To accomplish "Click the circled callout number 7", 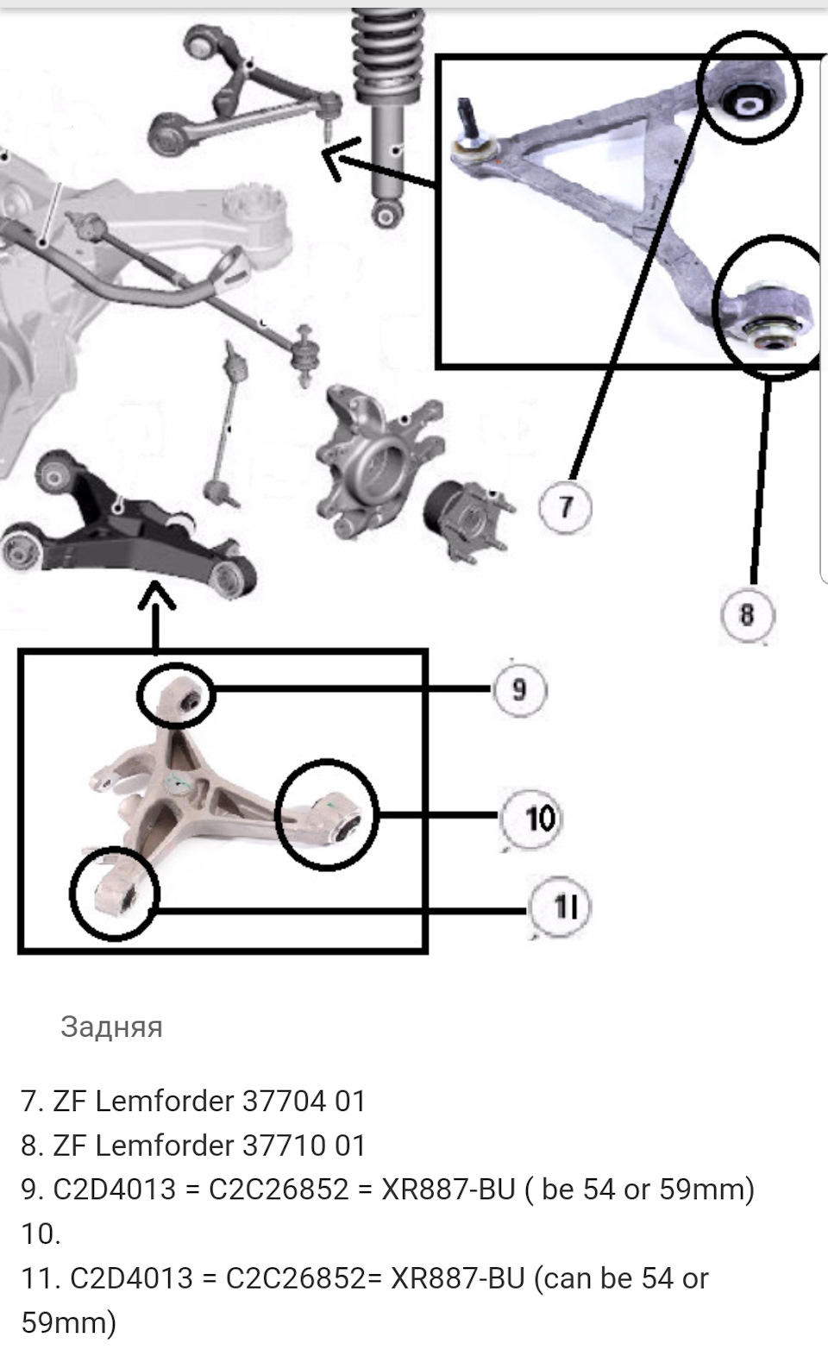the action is [565, 506].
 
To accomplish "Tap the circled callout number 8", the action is [747, 614].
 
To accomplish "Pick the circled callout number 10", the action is [530, 819].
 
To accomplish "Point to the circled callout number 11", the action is [559, 907].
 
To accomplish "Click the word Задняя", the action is [111, 1026].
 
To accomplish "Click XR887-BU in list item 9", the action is [448, 1189].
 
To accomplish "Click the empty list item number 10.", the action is [41, 1234].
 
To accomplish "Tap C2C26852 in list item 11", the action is [296, 1278].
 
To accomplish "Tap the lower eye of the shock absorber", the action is [387, 212].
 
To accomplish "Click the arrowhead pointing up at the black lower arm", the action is [156, 595].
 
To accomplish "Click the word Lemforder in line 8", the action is [165, 1145].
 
